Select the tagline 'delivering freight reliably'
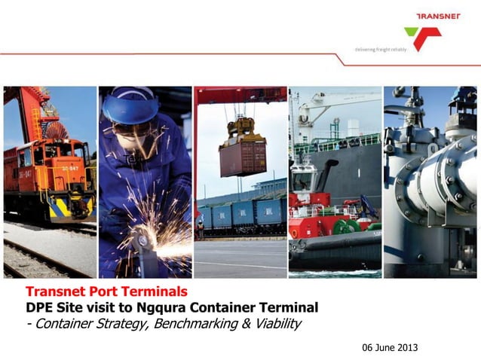coord(380,49)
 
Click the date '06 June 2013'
coord(390,347)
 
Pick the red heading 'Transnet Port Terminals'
coord(106,291)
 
